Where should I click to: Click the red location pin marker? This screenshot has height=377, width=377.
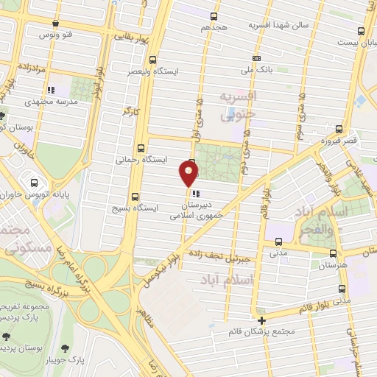click(x=189, y=174)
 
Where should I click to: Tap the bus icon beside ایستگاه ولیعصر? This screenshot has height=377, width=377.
click(x=152, y=60)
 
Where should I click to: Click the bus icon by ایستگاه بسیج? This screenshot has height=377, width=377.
click(x=134, y=197)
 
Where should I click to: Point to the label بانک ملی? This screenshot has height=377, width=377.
click(x=256, y=72)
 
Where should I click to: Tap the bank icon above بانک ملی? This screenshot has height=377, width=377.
click(x=256, y=59)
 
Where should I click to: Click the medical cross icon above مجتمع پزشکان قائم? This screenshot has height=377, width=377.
click(x=261, y=320)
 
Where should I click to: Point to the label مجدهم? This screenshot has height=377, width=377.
click(x=215, y=27)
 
